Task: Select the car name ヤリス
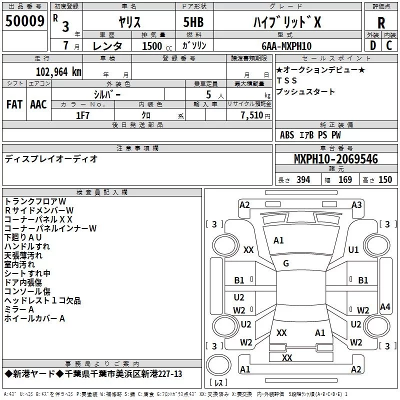pyautogui.click(x=129, y=22)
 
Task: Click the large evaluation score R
pyautogui.click(x=381, y=22)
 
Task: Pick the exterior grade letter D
pyautogui.click(x=372, y=45)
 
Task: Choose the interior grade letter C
pyautogui.click(x=389, y=45)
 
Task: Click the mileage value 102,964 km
pyautogui.click(x=58, y=71)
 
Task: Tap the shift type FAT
pyautogui.click(x=14, y=104)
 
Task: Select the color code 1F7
pyautogui.click(x=82, y=115)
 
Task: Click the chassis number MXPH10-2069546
pyautogui.click(x=335, y=159)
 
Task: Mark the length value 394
pyautogui.click(x=302, y=180)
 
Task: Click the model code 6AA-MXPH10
pyautogui.click(x=286, y=46)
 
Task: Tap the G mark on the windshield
pyautogui.click(x=286, y=263)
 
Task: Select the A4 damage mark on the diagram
pyautogui.click(x=385, y=307)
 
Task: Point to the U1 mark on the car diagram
pyautogui.click(x=353, y=249)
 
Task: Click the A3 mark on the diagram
pyautogui.click(x=356, y=204)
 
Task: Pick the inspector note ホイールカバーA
pyautogui.click(x=34, y=318)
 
